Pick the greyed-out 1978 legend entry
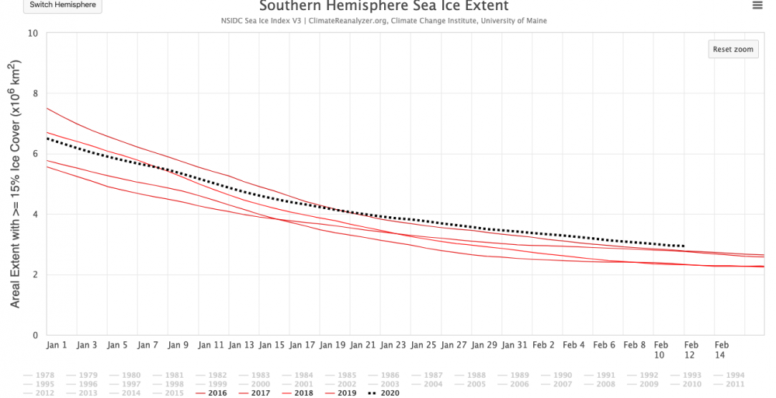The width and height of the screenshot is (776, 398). tap(40, 375)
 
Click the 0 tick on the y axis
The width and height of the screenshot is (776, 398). tap(35, 336)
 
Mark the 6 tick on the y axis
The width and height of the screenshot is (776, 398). tap(35, 154)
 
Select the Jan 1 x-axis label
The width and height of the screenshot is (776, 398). tap(57, 344)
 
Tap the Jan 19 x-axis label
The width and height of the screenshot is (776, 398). tap(334, 344)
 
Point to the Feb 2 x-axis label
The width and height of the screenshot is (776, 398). tap(543, 344)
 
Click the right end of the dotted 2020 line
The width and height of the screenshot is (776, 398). tap(684, 246)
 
